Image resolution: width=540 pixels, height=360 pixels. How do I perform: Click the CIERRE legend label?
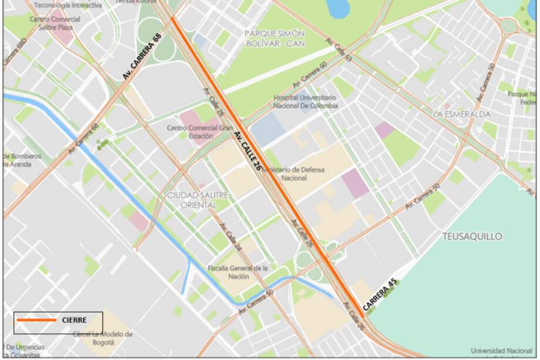(x=74, y=320)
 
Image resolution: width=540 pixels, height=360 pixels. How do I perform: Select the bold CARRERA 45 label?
(x=380, y=294)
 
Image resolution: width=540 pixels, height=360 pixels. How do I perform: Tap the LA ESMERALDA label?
(x=461, y=114)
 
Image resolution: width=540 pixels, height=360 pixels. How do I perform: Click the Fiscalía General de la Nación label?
(x=238, y=272)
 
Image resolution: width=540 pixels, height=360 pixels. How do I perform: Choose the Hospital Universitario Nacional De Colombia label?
(x=305, y=101)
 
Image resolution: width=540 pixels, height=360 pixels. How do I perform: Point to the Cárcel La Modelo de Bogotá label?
(x=103, y=338)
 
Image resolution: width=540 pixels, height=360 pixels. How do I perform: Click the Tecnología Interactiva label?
(x=67, y=5)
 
